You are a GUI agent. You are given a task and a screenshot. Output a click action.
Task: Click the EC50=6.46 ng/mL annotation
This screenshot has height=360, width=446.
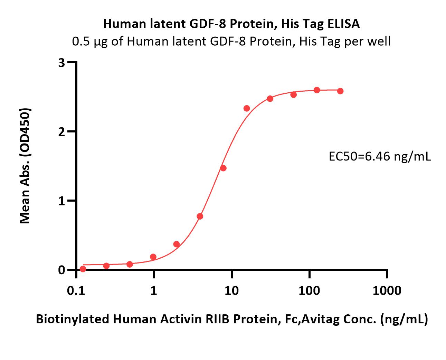tap(380, 156)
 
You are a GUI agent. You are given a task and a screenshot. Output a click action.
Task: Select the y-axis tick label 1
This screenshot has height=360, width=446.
tap(62, 201)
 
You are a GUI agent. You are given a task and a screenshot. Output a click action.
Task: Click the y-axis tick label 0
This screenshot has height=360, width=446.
tap(62, 270)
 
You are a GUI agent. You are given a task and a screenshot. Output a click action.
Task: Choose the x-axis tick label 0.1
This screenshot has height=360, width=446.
tap(76, 291)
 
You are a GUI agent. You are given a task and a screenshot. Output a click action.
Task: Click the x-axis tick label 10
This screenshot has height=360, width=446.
tap(232, 291)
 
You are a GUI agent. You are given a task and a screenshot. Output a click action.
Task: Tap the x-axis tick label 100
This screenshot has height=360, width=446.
tap(309, 291)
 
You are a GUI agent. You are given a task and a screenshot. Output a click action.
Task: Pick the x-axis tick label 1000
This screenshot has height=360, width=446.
tap(387, 291)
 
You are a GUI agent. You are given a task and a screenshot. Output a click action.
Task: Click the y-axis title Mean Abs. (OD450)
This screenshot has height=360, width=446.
tap(25, 166)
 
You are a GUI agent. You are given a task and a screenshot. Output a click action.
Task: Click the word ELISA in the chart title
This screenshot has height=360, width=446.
tap(343, 24)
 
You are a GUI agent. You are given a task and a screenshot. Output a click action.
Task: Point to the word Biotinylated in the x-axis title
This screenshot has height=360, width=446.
tap(73, 319)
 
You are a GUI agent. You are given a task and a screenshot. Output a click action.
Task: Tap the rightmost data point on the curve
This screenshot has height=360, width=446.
tap(340, 91)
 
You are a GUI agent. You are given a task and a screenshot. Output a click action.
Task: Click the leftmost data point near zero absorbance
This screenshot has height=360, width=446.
tap(83, 269)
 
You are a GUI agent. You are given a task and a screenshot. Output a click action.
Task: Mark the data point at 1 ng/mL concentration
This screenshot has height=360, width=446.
tap(153, 257)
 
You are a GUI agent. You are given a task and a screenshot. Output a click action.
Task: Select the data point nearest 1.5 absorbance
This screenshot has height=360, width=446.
tap(223, 168)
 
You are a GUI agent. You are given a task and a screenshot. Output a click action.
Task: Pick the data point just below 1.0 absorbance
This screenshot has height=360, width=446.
tap(200, 216)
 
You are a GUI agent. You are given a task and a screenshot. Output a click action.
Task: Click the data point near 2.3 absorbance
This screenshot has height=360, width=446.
tap(247, 108)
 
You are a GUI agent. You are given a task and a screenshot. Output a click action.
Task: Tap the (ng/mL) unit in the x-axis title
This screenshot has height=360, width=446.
tap(404, 320)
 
